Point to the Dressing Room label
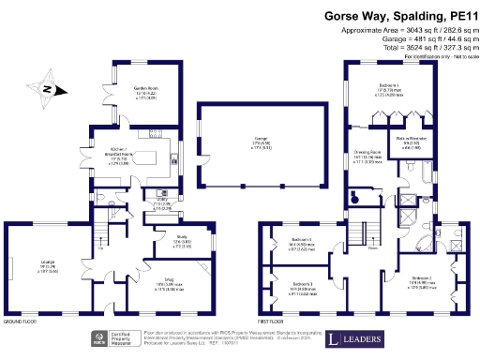click(369, 155)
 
